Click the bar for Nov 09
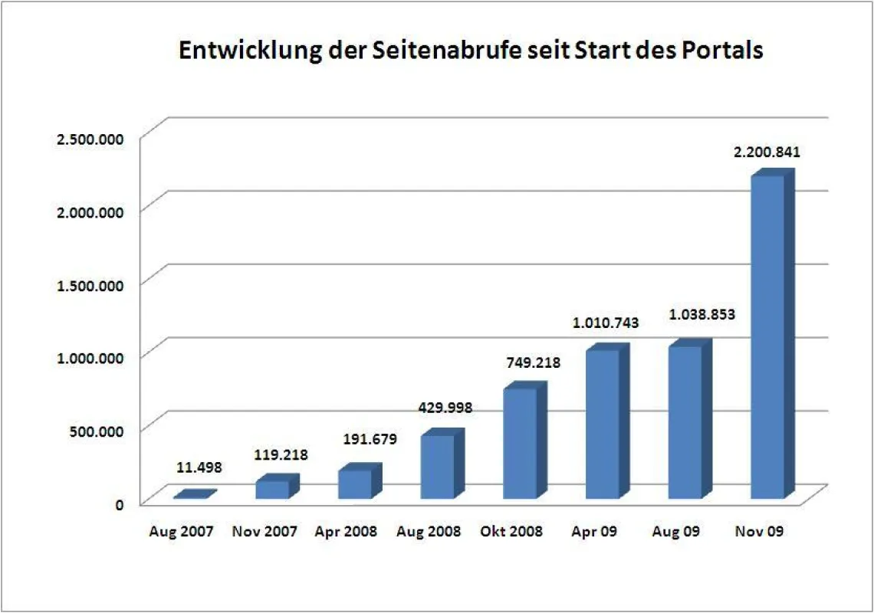pos(773,334)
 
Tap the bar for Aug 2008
pos(442,464)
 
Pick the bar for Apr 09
pos(607,421)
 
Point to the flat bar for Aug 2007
pos(195,494)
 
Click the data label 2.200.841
pos(767,152)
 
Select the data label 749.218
pos(534,362)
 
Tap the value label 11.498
pos(199,467)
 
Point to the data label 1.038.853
pos(701,315)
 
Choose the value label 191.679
pos(370,439)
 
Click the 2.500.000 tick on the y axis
pos(90,139)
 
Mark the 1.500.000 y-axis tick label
pos(90,285)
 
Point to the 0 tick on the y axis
pos(120,505)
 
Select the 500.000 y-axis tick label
pos(97,431)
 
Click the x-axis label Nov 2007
pos(264,532)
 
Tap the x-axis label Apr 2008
pos(346,532)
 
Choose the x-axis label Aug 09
pos(675,532)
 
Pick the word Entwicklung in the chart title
pos(250,51)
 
